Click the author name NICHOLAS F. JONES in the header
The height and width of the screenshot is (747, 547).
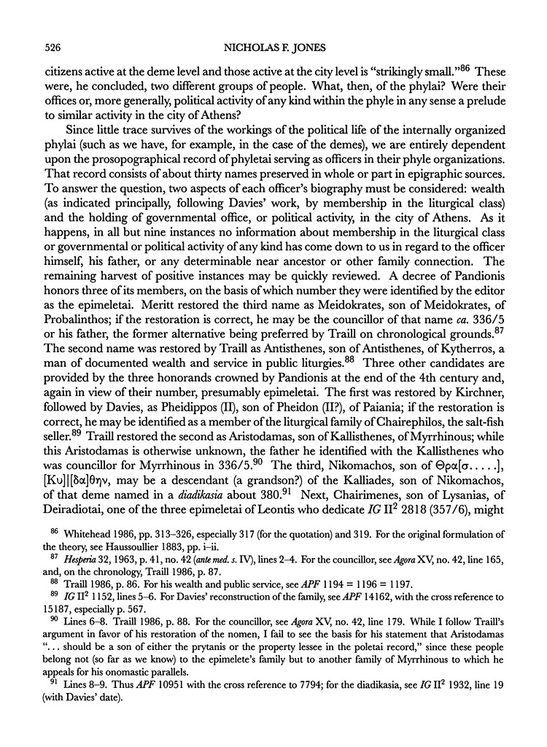(x=273, y=48)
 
